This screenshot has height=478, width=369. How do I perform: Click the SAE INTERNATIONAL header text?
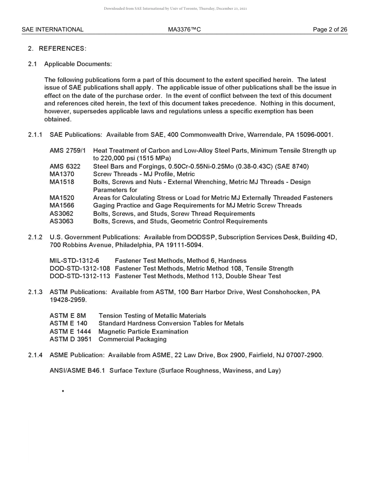point(52,30)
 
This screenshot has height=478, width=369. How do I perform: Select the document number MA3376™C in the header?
point(184,30)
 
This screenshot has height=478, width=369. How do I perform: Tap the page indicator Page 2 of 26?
point(330,30)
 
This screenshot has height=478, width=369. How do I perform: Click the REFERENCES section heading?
point(62,49)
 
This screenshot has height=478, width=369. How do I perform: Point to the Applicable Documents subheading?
point(78,64)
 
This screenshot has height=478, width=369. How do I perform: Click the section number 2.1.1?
point(35,135)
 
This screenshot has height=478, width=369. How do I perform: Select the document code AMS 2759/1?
point(68,150)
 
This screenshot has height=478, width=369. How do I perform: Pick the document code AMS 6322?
point(65,166)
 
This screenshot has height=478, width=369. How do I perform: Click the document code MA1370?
point(62,174)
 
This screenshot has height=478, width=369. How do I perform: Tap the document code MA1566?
point(62,206)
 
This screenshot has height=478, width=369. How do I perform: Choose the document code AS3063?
point(61,222)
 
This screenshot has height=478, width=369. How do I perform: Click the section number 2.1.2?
point(35,237)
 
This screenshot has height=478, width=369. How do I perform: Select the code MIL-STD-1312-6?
point(74,261)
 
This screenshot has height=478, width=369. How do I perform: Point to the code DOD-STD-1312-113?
point(80,276)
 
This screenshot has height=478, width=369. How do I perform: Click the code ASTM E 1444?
point(70,331)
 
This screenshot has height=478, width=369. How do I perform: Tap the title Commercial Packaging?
point(132,339)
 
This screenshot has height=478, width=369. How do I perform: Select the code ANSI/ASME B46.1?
point(77,371)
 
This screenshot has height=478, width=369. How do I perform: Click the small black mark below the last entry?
point(63,391)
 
